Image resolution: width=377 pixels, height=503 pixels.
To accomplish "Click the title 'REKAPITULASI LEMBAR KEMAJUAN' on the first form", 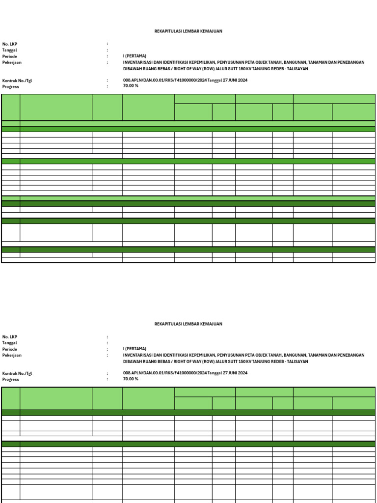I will (x=188, y=31).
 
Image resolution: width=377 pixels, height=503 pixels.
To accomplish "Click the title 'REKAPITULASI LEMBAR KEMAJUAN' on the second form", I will (x=188, y=324).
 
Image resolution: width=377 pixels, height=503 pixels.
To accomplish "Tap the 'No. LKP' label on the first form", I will (x=10, y=44).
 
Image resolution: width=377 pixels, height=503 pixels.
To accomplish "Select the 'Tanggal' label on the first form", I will (x=10, y=50).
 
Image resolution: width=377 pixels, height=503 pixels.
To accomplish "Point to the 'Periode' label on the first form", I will (x=10, y=56).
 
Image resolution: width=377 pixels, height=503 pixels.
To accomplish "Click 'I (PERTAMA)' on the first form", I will (x=135, y=56).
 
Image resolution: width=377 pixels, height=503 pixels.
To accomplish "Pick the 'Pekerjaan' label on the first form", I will (x=12, y=62).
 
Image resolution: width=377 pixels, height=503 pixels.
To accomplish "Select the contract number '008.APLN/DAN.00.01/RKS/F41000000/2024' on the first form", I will (x=165, y=81).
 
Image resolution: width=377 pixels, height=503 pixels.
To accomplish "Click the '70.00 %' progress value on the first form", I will (x=131, y=86).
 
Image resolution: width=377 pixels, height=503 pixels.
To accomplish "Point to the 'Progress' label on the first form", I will (x=11, y=86).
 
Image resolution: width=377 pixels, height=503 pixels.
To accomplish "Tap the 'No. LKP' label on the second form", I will (x=10, y=336).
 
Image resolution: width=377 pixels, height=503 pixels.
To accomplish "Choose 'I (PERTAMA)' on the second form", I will (x=135, y=349).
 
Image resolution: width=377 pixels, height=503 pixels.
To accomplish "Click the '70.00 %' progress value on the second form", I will (x=131, y=379).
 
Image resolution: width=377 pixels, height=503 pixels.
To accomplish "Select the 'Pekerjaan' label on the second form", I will (x=12, y=355).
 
